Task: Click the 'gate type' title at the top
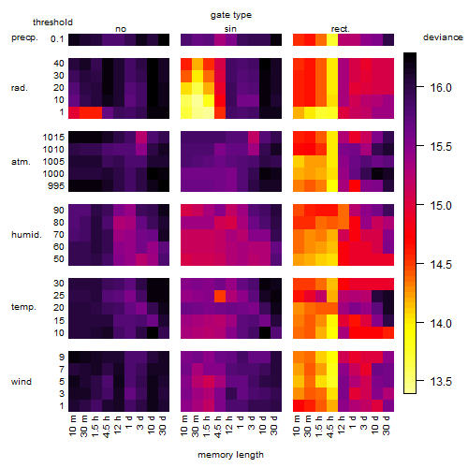[231, 15]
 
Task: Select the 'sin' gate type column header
[230, 29]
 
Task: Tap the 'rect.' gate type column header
[341, 29]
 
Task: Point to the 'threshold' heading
[52, 22]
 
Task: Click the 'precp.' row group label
[24, 37]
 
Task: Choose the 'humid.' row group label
[26, 235]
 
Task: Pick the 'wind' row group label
[22, 382]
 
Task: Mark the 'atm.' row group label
[21, 162]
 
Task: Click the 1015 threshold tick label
[53, 138]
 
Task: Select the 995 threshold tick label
[56, 186]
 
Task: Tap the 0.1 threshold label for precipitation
[57, 39]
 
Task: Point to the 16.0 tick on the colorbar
[441, 88]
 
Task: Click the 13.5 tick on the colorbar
[441, 381]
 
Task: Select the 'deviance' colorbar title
[443, 37]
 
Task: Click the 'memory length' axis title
[230, 455]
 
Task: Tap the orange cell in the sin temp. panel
[220, 296]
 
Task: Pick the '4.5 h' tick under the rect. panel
[330, 427]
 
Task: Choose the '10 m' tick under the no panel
[72, 426]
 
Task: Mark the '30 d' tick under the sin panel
[273, 426]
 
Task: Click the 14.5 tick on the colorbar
[441, 264]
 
